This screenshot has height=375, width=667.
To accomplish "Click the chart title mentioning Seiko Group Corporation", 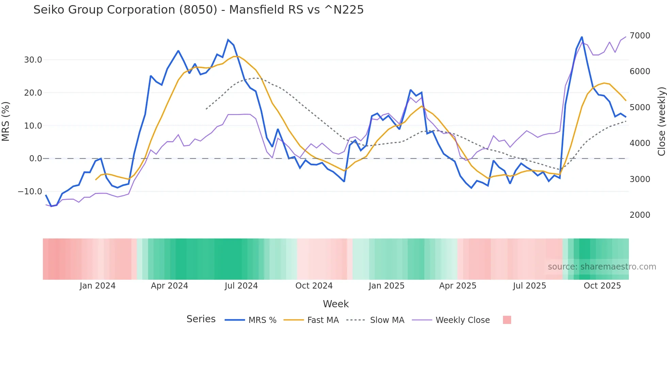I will pos(198,10).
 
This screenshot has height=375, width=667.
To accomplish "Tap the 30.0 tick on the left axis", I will pos(33,60).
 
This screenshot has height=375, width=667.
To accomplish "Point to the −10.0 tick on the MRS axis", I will pos(30,192).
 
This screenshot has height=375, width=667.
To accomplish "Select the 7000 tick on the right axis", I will pos(640,36).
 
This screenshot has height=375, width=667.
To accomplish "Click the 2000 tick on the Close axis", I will pos(640,215).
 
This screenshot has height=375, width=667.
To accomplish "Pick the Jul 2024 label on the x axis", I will pos(241,286).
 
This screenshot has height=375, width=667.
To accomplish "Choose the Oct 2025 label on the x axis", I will pos(602,286).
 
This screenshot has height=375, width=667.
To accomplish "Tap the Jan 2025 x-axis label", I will pos(386,286).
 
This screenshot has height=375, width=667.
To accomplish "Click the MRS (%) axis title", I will pos(6,121).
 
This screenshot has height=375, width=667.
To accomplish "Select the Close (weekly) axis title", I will pos(661,121).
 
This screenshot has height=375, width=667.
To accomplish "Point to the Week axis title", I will pos(336,304).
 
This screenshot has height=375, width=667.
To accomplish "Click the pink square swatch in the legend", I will pos(507,320).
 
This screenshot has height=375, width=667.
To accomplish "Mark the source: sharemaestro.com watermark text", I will pos(602,267).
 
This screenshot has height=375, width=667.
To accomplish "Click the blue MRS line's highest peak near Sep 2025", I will pos(582,37).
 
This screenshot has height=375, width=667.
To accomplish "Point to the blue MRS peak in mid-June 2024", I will pos(228,40).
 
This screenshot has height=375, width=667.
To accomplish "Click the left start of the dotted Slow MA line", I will pos(206,109).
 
